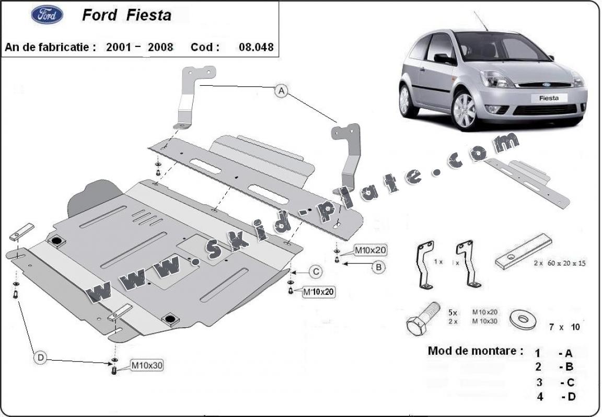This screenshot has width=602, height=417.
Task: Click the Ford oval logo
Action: [x=47, y=15]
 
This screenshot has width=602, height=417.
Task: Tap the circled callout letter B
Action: [x=378, y=267]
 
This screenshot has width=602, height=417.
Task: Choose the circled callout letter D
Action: [x=40, y=358]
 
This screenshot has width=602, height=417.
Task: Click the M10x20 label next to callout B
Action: [x=370, y=251]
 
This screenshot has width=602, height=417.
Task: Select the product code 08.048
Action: [x=256, y=47]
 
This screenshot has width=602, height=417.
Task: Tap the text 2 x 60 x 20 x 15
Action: [x=560, y=263]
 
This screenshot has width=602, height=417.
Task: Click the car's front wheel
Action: [x=465, y=110]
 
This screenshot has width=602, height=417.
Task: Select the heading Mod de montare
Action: [x=475, y=351]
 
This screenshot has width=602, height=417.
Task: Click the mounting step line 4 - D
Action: [x=555, y=397]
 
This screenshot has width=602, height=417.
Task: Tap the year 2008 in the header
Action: [x=161, y=47]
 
